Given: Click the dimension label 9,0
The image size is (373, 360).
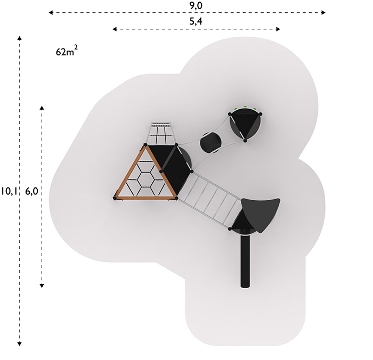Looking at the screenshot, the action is pyautogui.click(x=196, y=5).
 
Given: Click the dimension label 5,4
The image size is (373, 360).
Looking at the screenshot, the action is pyautogui.click(x=196, y=21).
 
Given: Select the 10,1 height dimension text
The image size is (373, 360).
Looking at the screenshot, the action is pyautogui.click(x=9, y=191).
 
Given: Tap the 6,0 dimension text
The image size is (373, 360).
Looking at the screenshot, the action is pyautogui.click(x=31, y=191).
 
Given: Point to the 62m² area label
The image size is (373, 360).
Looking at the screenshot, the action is pyautogui.click(x=67, y=51).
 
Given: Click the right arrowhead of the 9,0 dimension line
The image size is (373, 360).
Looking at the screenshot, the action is pyautogui.click(x=323, y=12).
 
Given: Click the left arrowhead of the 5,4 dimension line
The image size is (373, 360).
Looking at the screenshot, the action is pyautogui.click(x=115, y=29).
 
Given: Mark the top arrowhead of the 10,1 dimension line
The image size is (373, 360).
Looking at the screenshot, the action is pyautogui.click(x=20, y=38).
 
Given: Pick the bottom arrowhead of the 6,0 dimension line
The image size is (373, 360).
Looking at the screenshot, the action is pyautogui.click(x=42, y=285).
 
